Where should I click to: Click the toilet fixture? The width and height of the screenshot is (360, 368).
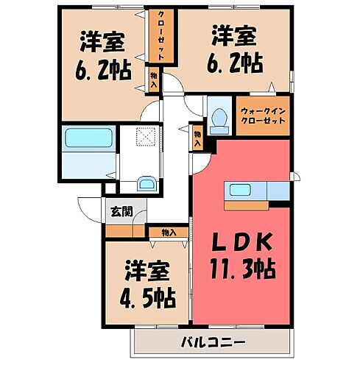(x=217, y=118)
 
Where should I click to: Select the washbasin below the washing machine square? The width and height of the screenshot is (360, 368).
(x=147, y=184)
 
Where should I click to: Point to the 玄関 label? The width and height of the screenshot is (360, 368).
(x=121, y=212)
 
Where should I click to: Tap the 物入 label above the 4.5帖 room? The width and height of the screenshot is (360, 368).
(x=168, y=233)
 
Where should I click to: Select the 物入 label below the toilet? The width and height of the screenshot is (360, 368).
(x=198, y=138)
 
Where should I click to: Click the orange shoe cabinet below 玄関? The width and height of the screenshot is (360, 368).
(x=123, y=230)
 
